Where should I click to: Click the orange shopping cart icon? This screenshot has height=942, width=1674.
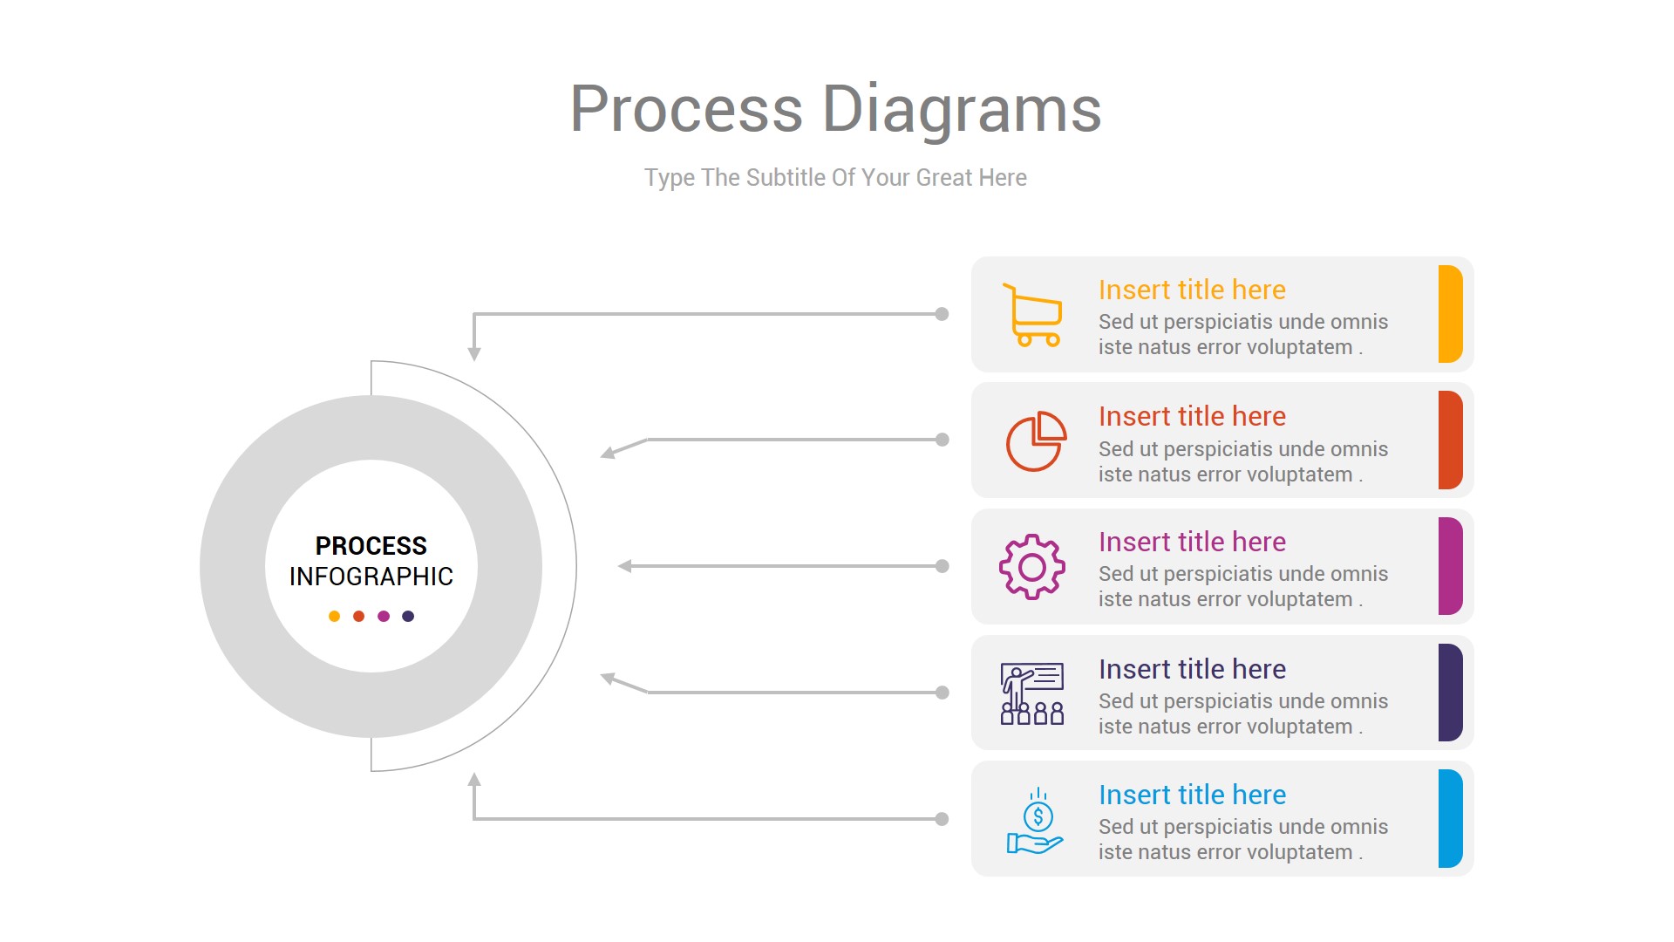coord(1032,315)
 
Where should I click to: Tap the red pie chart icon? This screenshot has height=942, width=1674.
coord(1036,441)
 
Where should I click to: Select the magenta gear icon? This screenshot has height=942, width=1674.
coord(1032,567)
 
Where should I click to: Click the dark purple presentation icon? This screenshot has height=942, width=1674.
coord(1032,693)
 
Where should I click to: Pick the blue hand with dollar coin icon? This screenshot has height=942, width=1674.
coord(1035,822)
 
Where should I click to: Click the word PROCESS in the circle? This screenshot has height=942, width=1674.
coord(371,546)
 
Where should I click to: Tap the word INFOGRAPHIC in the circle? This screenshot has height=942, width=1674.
coord(371,577)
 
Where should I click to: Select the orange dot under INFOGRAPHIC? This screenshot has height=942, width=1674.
coord(334,617)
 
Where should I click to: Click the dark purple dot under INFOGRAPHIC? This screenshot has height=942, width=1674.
coord(408,617)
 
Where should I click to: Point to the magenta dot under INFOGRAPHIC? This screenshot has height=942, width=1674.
coord(384,617)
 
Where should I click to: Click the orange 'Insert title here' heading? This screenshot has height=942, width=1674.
coord(1191,290)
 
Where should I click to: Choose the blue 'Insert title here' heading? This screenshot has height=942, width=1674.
coord(1191,795)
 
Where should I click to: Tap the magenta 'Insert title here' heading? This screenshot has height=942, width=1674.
coord(1191,542)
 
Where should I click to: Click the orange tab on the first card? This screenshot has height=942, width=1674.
coord(1450,314)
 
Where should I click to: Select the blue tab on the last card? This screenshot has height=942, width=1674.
coord(1450,818)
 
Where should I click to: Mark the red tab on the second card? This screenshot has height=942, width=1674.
coord(1450,440)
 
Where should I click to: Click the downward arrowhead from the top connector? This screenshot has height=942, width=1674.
coord(474,353)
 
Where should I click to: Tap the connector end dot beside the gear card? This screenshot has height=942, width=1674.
coord(942,566)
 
